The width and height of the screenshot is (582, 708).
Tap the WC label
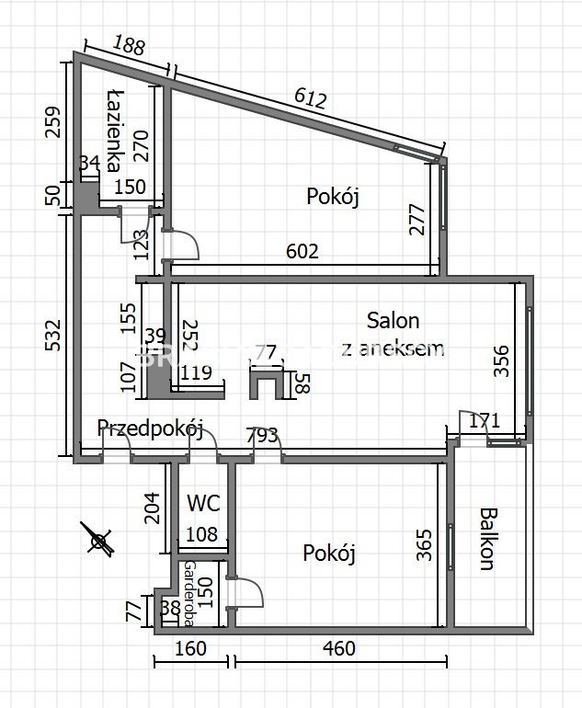pos(202,503)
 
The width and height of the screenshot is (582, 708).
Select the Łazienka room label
pos(115,130)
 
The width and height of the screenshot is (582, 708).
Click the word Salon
pos(393,320)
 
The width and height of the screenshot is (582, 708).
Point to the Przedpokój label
pos(150,428)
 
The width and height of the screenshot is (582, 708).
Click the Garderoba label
pos(189,593)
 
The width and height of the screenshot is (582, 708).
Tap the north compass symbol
pos(97,539)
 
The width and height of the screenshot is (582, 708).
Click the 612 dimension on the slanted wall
pos(311,98)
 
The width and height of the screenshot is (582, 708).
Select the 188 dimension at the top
pos(129,45)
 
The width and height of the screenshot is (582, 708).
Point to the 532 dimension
pos(52,337)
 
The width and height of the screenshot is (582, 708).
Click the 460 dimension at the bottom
pos(338,649)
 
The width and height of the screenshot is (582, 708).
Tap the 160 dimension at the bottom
pos(190,649)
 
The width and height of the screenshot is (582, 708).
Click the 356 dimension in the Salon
pos(501,360)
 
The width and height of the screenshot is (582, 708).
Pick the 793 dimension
pos(262,435)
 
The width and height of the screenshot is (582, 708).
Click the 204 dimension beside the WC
pos(153,507)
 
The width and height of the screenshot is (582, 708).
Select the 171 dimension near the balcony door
pos(485,422)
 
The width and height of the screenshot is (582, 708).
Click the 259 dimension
pos(52,122)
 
